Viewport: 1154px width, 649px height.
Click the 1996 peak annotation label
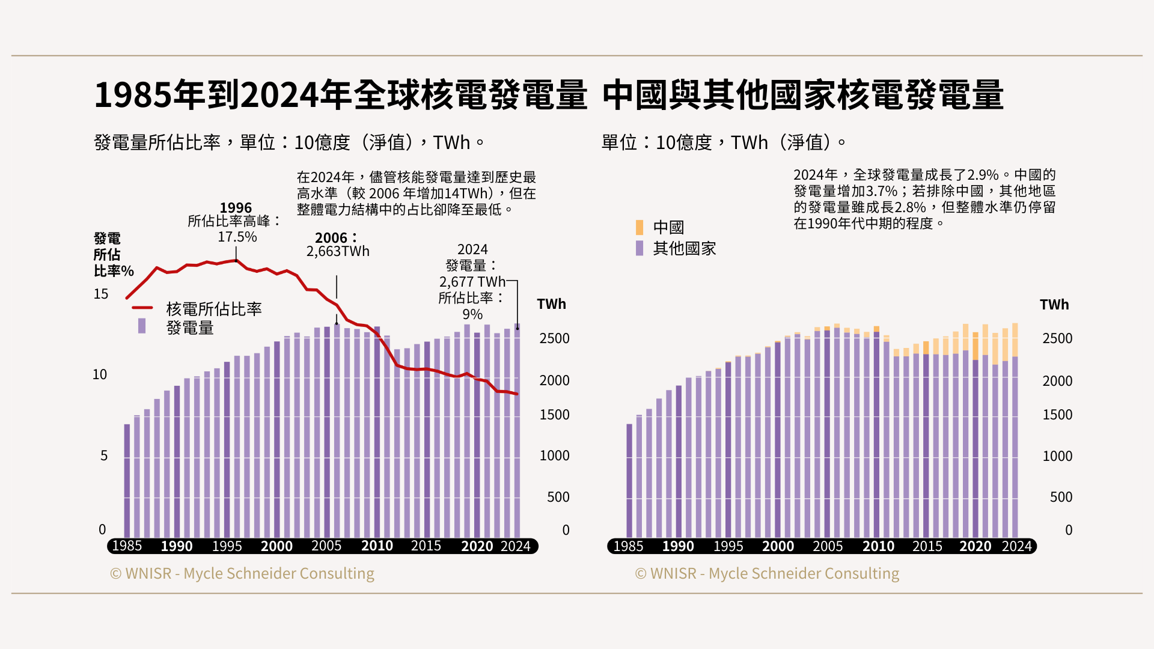click(x=236, y=208)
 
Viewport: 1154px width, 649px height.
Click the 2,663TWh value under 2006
click(x=338, y=251)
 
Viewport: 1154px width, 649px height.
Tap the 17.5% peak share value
click(x=237, y=237)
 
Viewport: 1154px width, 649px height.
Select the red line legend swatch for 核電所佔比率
click(x=142, y=308)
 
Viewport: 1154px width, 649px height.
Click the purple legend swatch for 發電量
click(x=142, y=326)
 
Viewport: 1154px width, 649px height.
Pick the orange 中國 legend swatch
click(x=640, y=227)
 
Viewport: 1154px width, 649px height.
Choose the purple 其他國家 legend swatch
click(x=640, y=248)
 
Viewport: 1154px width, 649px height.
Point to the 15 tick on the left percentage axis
click(x=101, y=294)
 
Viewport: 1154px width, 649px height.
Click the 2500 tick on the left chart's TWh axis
click(x=554, y=338)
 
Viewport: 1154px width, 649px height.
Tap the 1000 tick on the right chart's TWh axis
click(x=1057, y=456)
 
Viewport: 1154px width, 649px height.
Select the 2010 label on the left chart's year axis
click(x=377, y=546)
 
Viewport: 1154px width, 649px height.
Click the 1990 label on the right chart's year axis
click(x=678, y=546)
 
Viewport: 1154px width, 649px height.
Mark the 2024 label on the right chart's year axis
click(x=1016, y=546)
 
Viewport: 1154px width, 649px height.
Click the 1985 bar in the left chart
click(x=127, y=481)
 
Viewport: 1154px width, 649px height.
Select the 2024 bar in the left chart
click(x=517, y=433)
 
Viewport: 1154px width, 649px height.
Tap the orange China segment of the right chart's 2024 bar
click(x=1015, y=340)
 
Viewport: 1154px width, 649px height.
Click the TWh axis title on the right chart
click(x=1054, y=305)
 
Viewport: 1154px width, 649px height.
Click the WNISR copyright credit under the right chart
click(x=767, y=573)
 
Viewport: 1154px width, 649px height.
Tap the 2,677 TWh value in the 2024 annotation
click(x=472, y=281)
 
